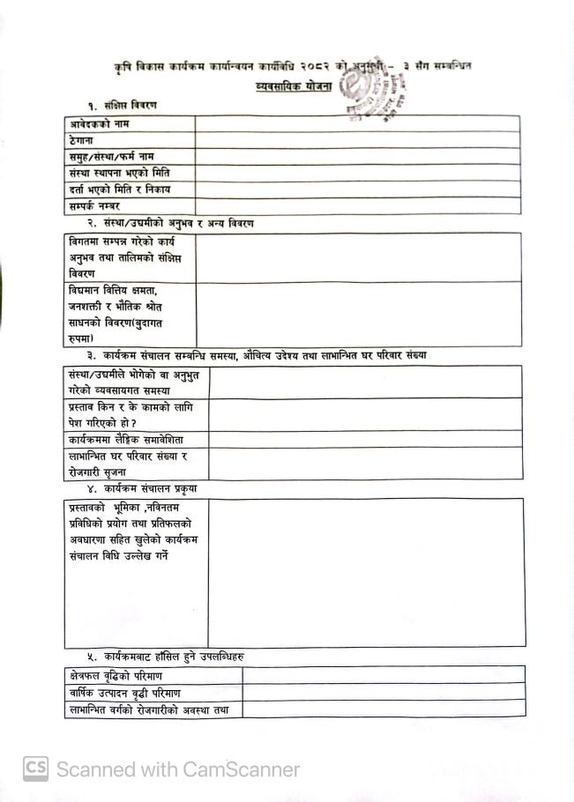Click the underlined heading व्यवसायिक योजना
(x=287, y=86)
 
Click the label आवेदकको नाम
(x=100, y=124)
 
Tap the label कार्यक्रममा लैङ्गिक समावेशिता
(x=125, y=439)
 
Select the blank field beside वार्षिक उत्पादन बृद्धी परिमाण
(x=383, y=693)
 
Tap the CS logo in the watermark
(x=35, y=769)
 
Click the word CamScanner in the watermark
(x=241, y=769)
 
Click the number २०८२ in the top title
(x=314, y=66)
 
